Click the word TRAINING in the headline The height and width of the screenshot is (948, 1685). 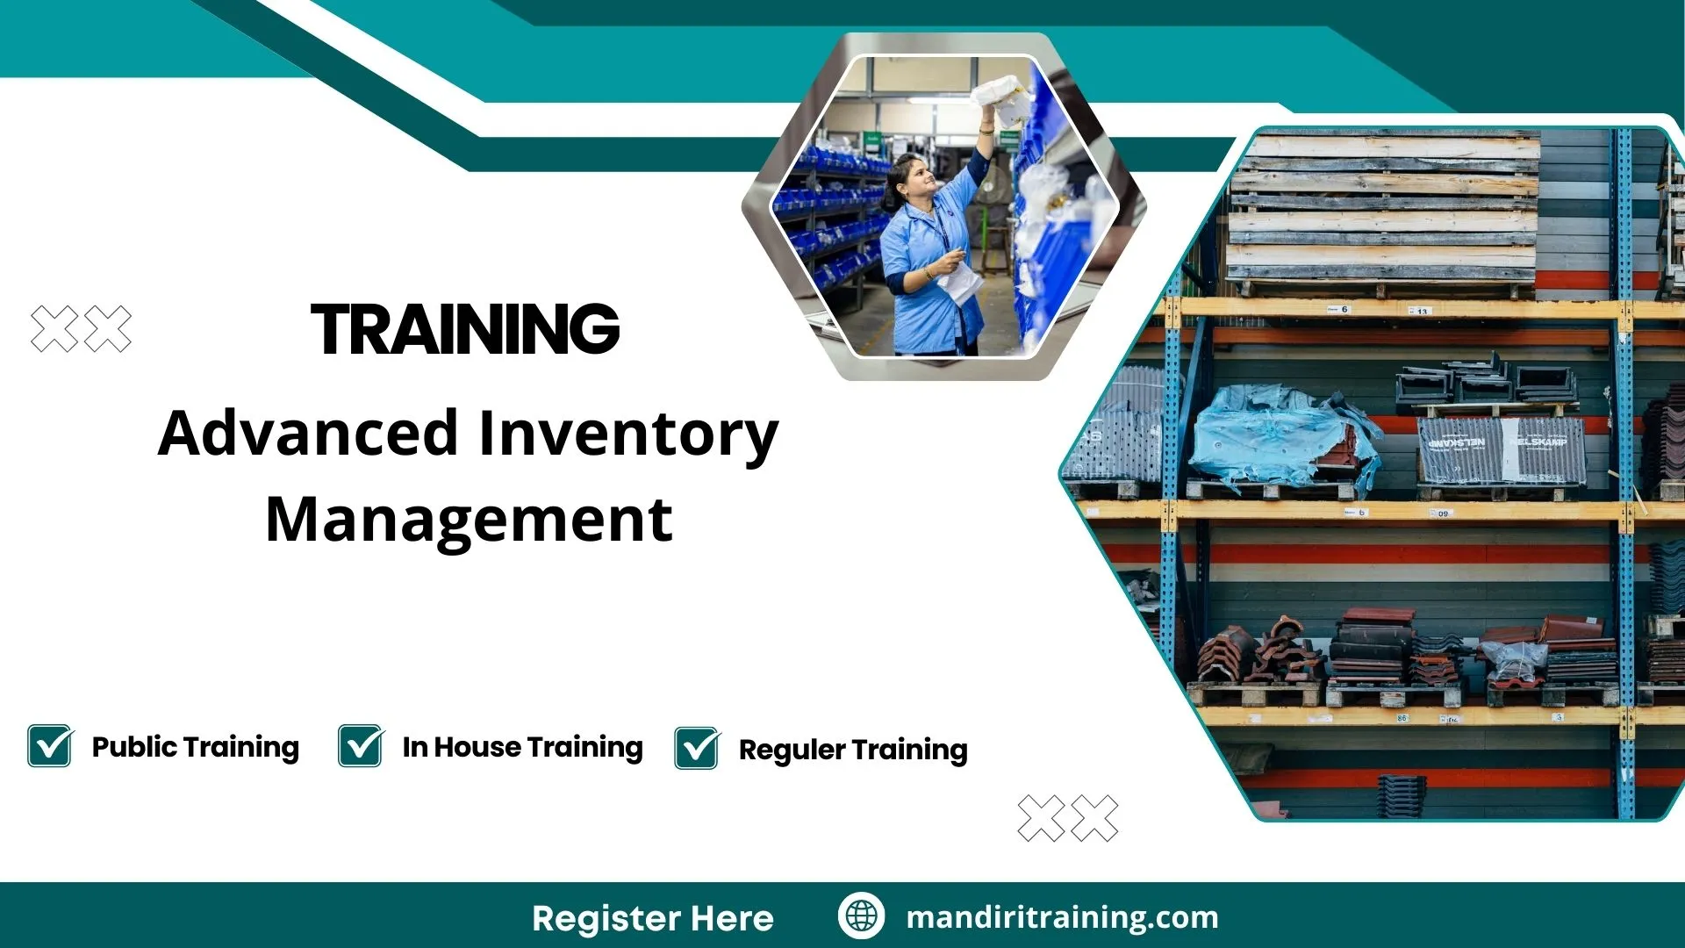[x=465, y=330]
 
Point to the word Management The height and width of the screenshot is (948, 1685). [x=469, y=520]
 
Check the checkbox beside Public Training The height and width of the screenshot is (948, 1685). [x=50, y=746]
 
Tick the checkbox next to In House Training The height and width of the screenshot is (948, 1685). [x=361, y=746]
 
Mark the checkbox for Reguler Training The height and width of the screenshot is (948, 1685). [x=697, y=749]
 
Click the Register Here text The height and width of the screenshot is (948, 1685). [x=652, y=918]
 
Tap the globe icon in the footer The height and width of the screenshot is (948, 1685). [x=861, y=916]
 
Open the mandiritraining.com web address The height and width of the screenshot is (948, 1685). [x=1062, y=917]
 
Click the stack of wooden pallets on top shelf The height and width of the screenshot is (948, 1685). [x=1382, y=211]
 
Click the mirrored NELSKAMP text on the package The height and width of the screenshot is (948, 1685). [x=1457, y=443]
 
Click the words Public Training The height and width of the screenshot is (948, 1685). [x=195, y=747]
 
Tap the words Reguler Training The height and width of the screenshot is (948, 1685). [x=852, y=750]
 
